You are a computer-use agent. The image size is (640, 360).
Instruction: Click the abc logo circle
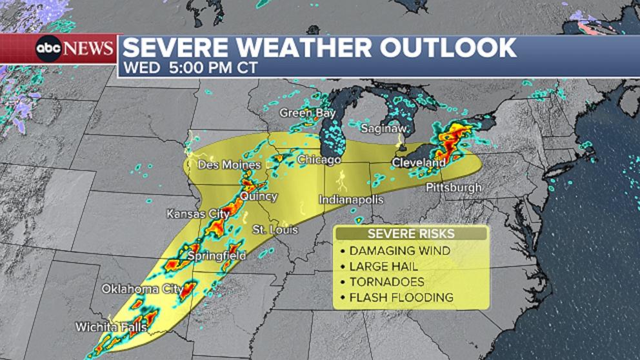pyautogui.click(x=48, y=48)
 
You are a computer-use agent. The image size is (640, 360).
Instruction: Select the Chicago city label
pyautogui.click(x=319, y=159)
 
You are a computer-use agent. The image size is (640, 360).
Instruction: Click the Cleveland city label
pyautogui.click(x=419, y=163)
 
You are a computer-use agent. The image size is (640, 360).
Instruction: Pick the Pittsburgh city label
pyautogui.click(x=454, y=188)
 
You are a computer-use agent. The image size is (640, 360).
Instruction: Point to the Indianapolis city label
pyautogui.click(x=351, y=200)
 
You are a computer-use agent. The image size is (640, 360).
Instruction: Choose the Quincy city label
pyautogui.click(x=259, y=196)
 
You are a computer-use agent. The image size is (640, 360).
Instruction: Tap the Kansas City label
pyautogui.click(x=198, y=214)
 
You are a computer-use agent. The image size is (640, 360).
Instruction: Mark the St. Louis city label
pyautogui.click(x=275, y=230)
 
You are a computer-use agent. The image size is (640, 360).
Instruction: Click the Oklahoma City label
pyautogui.click(x=141, y=289)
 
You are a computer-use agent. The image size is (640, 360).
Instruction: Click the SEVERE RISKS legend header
pyautogui.click(x=411, y=234)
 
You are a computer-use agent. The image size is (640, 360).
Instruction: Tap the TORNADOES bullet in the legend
pyautogui.click(x=386, y=282)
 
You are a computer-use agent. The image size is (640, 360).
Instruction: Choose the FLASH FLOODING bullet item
pyautogui.click(x=401, y=297)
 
